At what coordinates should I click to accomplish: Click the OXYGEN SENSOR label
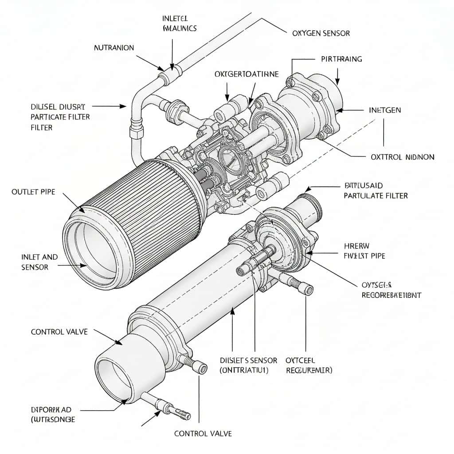click(x=321, y=33)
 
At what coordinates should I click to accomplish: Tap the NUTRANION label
click(x=114, y=48)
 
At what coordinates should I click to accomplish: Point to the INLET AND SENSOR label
click(x=39, y=262)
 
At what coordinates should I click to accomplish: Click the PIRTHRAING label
click(x=341, y=59)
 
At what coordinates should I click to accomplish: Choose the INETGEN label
click(x=385, y=110)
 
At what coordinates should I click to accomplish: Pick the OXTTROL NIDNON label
click(x=402, y=157)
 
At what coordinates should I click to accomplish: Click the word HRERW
click(x=357, y=246)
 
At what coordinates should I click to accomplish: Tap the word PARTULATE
click(x=361, y=196)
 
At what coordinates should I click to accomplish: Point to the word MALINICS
click(x=180, y=28)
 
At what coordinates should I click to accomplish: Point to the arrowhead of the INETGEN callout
click(x=340, y=110)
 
